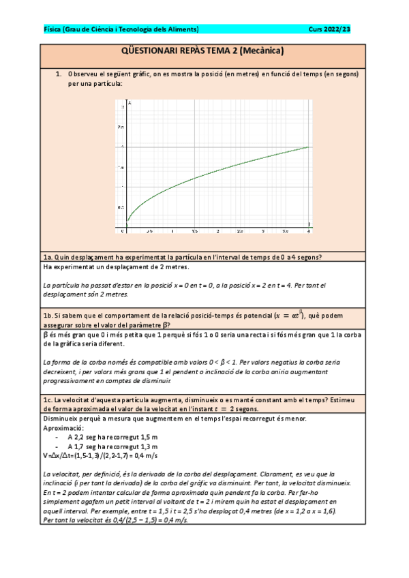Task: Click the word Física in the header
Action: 51,29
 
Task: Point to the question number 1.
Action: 59,73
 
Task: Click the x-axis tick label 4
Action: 309,232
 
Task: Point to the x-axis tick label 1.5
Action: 194,232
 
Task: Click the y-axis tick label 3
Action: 122,107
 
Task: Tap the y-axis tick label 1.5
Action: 121,167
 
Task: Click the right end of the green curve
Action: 309,147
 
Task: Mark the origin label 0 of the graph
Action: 123,232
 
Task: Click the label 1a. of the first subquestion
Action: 48,257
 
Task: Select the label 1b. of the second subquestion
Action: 48,316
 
